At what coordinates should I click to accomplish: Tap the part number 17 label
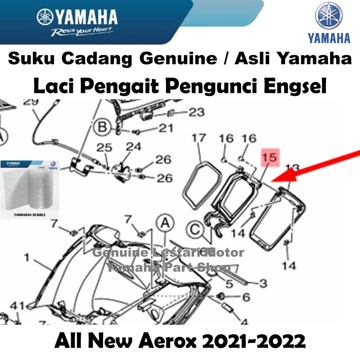(x=199, y=138)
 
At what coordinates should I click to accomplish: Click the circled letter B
(x=102, y=127)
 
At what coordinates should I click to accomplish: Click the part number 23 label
(x=196, y=112)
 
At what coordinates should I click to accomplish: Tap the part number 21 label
(x=165, y=128)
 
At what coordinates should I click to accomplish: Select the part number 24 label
(x=134, y=146)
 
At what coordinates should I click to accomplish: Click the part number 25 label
(x=104, y=148)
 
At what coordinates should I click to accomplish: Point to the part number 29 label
(x=31, y=103)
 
